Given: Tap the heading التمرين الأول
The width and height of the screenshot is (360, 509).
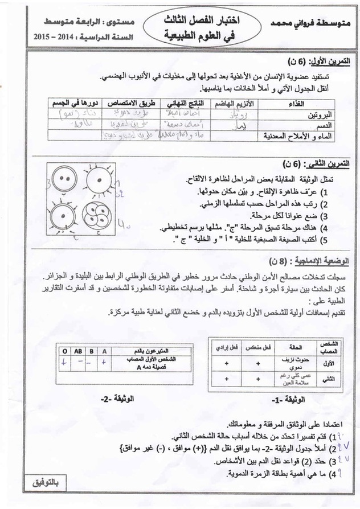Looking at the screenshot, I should [x=322, y=60].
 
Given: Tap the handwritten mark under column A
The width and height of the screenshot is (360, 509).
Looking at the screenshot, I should [x=105, y=361].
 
